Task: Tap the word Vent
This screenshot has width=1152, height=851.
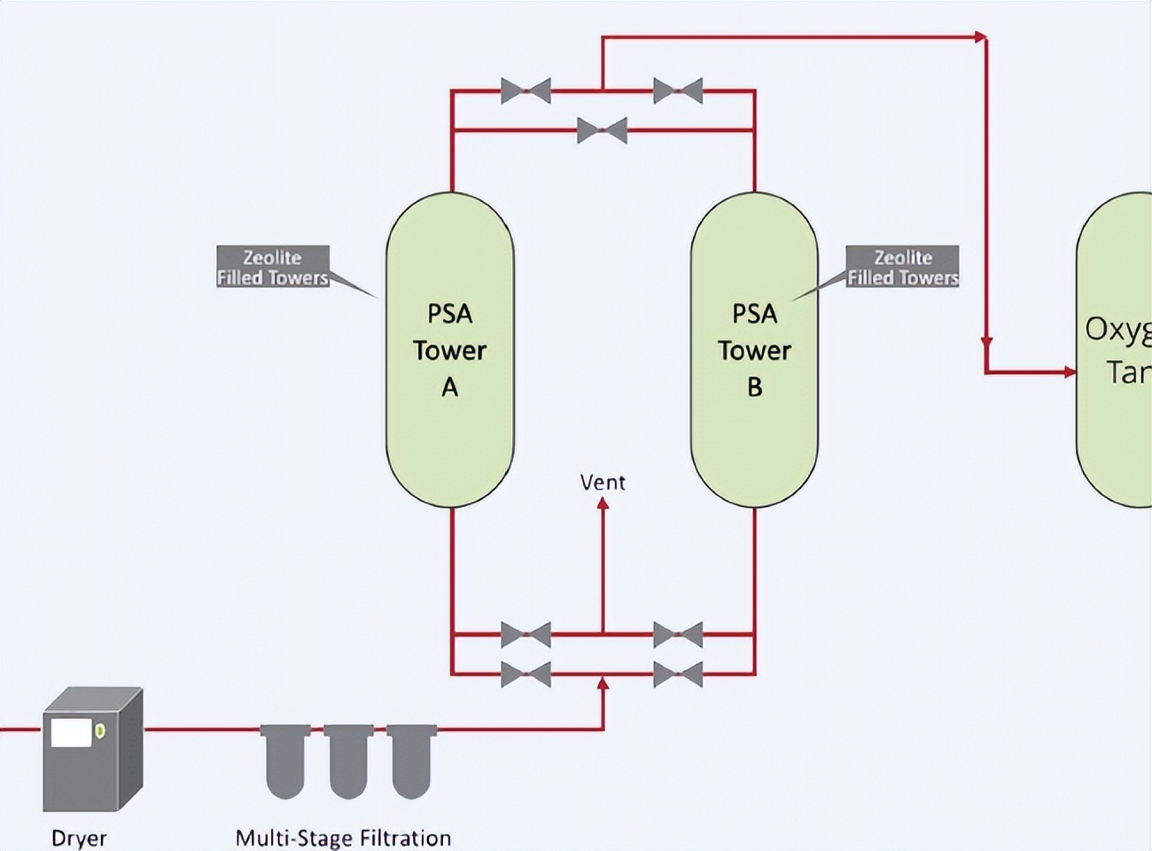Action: (603, 482)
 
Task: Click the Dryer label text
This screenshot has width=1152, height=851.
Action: (79, 838)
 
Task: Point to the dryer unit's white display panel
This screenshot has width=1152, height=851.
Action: (72, 732)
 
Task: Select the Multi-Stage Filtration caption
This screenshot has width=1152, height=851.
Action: (343, 838)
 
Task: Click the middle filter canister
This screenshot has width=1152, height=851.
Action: (348, 761)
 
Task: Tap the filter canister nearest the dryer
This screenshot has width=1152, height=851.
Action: (285, 761)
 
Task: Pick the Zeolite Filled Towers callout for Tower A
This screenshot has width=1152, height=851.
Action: (273, 267)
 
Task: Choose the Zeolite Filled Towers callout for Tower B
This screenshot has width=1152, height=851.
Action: (902, 267)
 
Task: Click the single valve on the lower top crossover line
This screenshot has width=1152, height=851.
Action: (603, 130)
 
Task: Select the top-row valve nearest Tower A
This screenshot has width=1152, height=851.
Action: (525, 90)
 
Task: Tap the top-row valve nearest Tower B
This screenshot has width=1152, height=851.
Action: (678, 90)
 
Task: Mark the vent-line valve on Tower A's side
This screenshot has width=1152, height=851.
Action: (525, 635)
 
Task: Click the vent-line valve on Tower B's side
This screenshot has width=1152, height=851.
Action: (678, 635)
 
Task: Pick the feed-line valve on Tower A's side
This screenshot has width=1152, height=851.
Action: (525, 675)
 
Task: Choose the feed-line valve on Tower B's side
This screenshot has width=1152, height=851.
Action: (678, 675)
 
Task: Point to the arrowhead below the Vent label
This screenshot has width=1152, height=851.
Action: (603, 504)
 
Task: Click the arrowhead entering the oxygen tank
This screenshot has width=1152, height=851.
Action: (1069, 372)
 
